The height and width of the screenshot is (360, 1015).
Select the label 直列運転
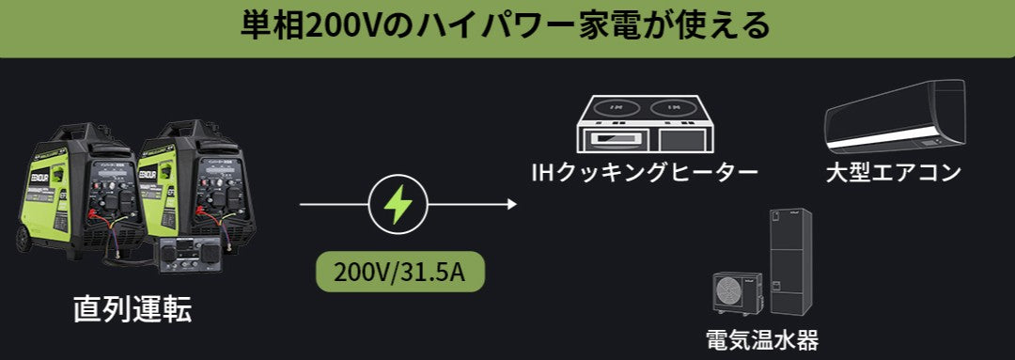point(133,309)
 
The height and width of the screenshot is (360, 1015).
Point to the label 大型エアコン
point(893,173)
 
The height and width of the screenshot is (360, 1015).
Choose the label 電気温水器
point(761,339)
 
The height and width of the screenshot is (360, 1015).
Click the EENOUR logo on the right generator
point(150,172)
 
